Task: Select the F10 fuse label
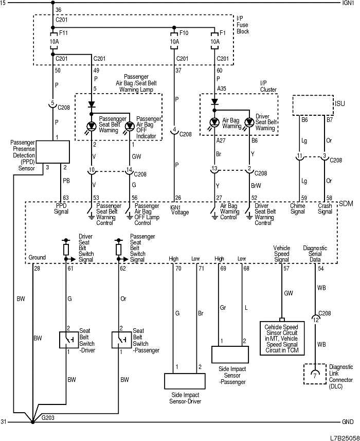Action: pyautogui.click(x=183, y=32)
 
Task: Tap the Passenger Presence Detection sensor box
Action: pyautogui.click(x=52, y=151)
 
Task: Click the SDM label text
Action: pyautogui.click(x=345, y=204)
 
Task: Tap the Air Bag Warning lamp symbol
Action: pyautogui.click(x=215, y=122)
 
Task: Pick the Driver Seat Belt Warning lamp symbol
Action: pyautogui.click(x=249, y=122)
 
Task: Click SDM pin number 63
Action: pyautogui.click(x=65, y=197)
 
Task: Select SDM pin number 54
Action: pyautogui.click(x=321, y=269)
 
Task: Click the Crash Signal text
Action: pyautogui.click(x=325, y=209)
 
